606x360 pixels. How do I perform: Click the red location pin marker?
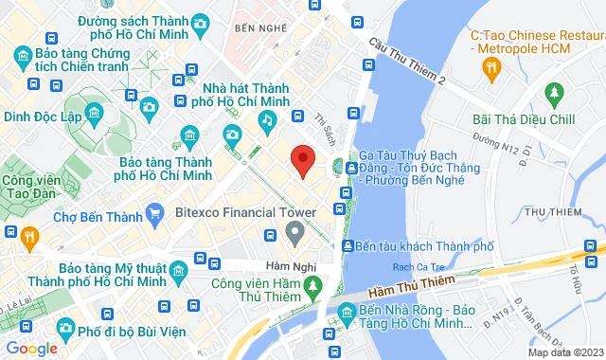click(301, 161)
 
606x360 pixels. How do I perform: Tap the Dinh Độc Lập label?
click(43, 118)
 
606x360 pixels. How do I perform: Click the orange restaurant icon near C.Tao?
click(490, 67)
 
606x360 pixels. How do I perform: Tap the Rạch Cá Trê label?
click(430, 266)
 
